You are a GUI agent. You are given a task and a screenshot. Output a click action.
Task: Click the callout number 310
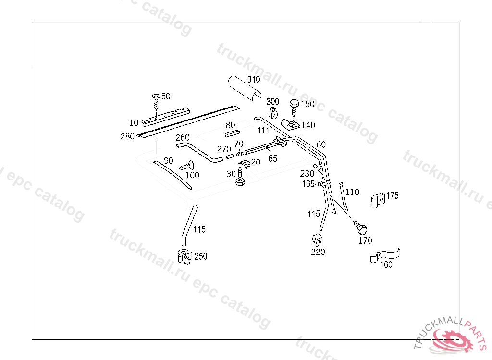tap(254, 79)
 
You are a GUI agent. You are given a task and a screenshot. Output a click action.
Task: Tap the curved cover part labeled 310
tap(243, 89)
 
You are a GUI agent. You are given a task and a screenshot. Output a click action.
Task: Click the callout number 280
tap(127, 136)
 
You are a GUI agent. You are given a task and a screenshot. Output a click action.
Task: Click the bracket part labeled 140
tap(291, 125)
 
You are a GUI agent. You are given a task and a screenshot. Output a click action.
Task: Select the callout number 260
tap(183, 138)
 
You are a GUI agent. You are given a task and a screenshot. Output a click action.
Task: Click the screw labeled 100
tap(185, 166)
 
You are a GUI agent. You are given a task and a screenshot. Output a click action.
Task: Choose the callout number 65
tap(273, 158)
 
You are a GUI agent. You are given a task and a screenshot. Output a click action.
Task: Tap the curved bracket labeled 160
tap(384, 257)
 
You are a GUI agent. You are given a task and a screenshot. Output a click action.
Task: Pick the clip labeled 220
tap(317, 239)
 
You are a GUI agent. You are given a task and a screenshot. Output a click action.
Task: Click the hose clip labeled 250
tap(184, 257)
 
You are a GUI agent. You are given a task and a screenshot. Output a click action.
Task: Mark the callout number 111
tap(263, 131)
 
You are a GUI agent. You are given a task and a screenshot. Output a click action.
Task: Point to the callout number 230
tap(307, 173)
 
